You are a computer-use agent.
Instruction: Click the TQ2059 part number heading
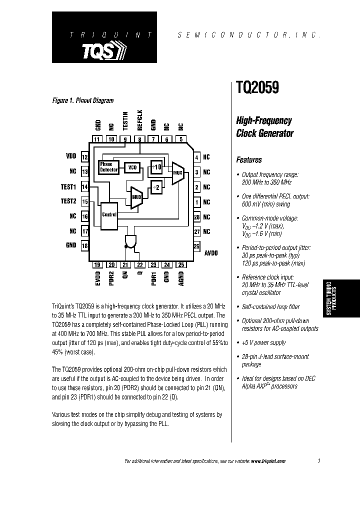point(257,88)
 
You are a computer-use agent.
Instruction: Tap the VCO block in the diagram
point(131,167)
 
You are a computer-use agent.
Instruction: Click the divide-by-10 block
point(156,166)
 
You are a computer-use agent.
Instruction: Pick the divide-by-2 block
point(156,187)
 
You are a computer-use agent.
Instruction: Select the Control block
point(109,214)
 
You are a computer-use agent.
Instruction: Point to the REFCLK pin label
point(140,120)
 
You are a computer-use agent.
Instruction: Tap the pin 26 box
point(197,246)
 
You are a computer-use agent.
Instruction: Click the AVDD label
point(211,253)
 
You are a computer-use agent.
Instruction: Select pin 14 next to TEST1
point(85,187)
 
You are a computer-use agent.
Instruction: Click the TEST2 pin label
point(68,201)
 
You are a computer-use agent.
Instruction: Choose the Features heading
point(249,160)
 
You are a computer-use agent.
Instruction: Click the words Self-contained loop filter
point(270,306)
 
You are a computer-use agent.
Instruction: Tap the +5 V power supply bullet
point(264,342)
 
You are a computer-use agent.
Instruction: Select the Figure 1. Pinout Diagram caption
point(83,100)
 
